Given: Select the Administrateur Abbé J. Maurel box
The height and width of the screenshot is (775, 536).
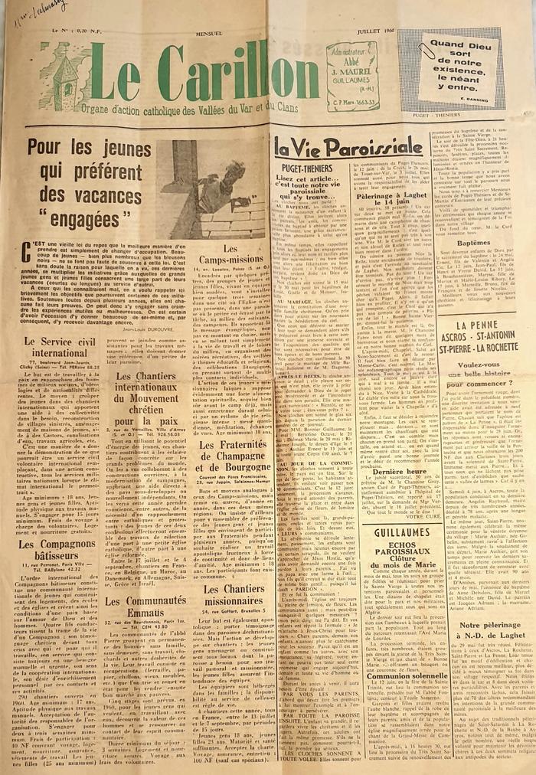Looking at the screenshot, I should [x=351, y=77].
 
